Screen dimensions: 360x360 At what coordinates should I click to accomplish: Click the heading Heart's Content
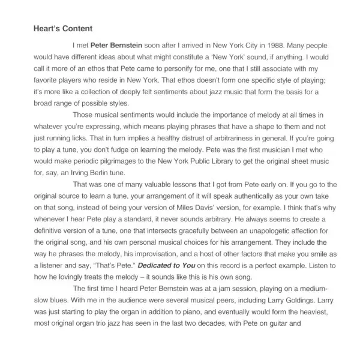62,28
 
